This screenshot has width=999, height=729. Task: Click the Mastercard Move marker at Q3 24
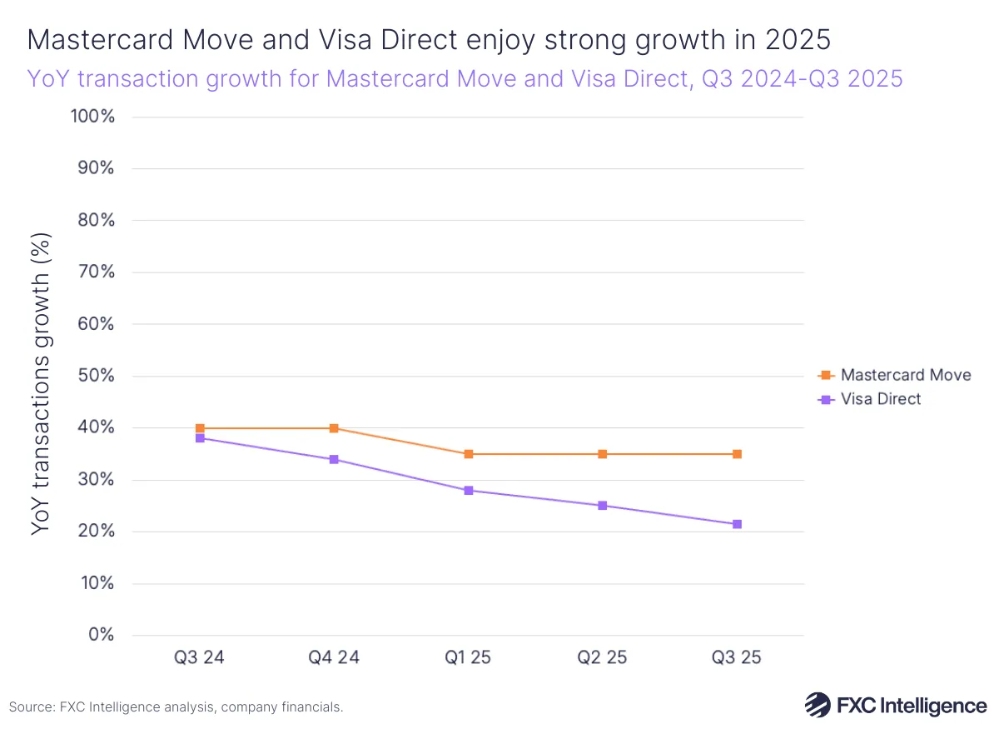coord(200,428)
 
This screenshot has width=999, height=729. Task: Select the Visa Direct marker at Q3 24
coord(200,438)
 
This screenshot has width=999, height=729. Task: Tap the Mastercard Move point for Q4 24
coord(334,428)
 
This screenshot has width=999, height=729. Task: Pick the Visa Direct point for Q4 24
coord(334,459)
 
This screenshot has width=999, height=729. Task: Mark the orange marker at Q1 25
coord(469,454)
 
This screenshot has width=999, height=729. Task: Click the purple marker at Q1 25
coord(469,490)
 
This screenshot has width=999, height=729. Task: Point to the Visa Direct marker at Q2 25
coord(603,506)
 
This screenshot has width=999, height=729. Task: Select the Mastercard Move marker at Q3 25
coord(737,454)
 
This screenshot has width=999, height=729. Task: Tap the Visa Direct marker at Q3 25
coord(737,524)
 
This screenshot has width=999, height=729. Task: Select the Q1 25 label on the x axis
coord(469,658)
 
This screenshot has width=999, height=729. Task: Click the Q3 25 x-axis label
coord(737,658)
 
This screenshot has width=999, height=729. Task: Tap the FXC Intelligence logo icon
coord(817,705)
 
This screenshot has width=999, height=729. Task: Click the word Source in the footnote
coord(32,707)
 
